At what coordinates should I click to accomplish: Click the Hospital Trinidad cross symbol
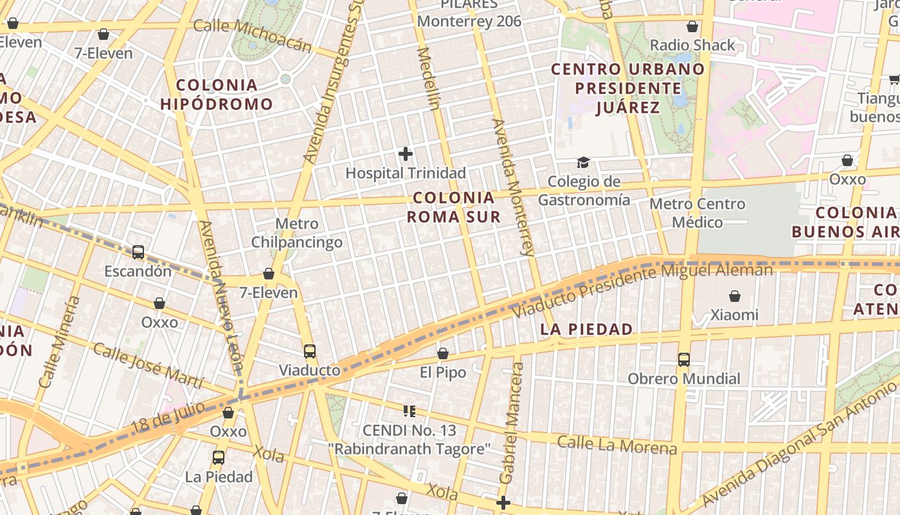[406, 154]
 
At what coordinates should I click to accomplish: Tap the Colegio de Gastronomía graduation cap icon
[583, 162]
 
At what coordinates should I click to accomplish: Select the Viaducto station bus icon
[310, 351]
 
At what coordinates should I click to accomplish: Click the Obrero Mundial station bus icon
[684, 360]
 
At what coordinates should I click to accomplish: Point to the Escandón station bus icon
[138, 252]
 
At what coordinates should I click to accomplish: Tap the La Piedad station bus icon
[219, 458]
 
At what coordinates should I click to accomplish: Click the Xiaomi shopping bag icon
[735, 296]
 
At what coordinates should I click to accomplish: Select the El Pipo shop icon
[443, 353]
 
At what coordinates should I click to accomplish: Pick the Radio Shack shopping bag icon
[692, 26]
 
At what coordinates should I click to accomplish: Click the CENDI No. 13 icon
[409, 411]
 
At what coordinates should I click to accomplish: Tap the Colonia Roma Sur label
[454, 207]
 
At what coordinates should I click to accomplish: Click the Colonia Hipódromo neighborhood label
[217, 94]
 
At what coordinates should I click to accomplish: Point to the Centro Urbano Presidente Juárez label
[628, 88]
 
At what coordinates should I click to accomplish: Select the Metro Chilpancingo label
[296, 233]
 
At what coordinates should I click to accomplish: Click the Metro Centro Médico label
[697, 213]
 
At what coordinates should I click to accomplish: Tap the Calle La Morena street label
[617, 444]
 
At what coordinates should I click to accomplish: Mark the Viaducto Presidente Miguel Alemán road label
[643, 290]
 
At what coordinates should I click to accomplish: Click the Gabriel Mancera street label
[511, 423]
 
